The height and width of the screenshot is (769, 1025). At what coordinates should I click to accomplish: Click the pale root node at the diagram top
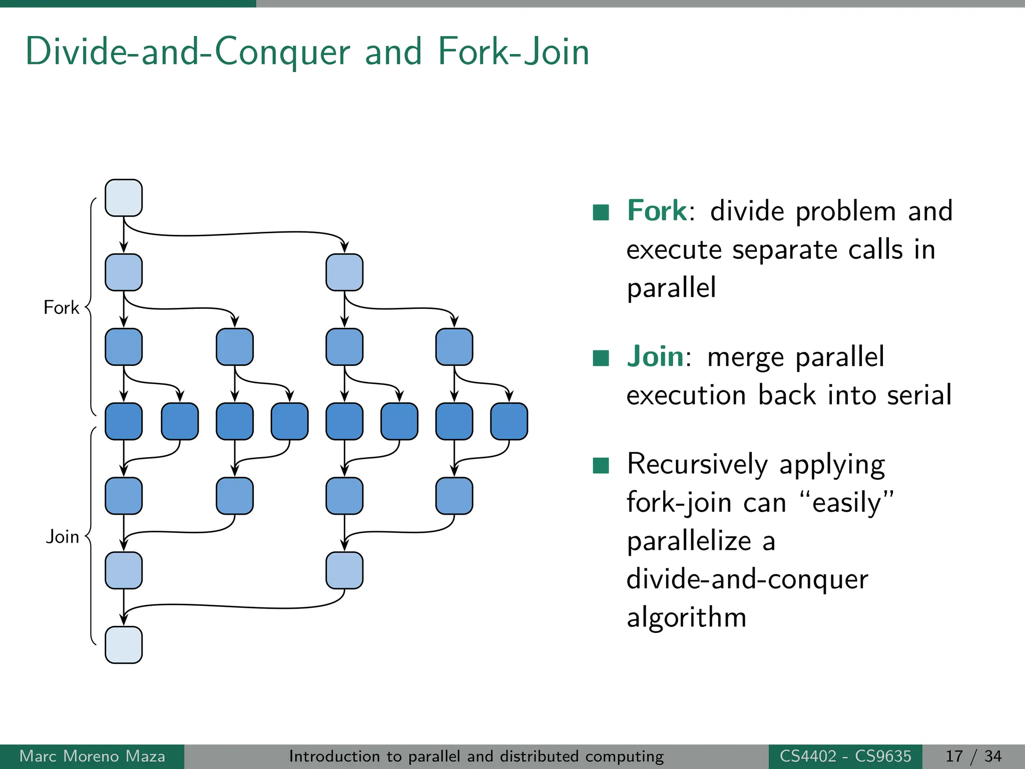[x=124, y=198]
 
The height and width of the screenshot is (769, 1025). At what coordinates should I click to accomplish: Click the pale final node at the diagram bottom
[x=124, y=645]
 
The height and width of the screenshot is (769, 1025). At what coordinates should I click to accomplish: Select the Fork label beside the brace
[x=61, y=307]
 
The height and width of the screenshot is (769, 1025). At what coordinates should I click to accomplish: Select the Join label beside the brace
[x=63, y=537]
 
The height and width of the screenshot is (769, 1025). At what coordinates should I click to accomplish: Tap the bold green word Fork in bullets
[x=657, y=210]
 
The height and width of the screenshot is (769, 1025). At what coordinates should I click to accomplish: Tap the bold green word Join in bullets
[x=655, y=356]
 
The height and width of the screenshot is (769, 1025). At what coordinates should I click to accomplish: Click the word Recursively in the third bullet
[x=697, y=464]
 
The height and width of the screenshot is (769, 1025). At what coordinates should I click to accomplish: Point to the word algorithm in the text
[x=686, y=617]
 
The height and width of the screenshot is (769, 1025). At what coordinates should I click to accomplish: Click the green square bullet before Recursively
[x=601, y=465]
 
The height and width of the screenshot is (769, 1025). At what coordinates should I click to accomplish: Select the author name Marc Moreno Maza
[x=92, y=756]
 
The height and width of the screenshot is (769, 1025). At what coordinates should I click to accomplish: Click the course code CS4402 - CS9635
[x=845, y=756]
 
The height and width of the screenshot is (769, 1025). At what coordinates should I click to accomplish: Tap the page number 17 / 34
[x=973, y=756]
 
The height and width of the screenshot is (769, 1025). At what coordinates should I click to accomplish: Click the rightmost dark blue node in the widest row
[x=509, y=422]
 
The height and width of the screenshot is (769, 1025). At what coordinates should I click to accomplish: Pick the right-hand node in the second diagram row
[x=344, y=272]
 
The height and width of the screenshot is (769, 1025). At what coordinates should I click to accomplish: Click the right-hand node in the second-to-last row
[x=344, y=570]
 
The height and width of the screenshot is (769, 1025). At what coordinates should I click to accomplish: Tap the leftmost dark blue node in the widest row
[x=124, y=422]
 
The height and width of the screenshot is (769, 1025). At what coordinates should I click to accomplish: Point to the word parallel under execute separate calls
[x=671, y=288]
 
